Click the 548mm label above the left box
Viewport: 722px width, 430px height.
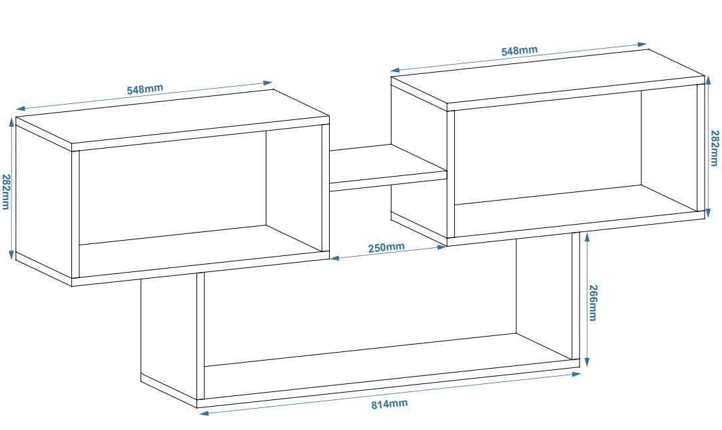coord(145,89)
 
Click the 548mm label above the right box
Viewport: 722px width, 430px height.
coord(519,51)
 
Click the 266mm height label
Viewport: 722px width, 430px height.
coord(593,303)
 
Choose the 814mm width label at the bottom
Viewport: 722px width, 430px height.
coord(390,404)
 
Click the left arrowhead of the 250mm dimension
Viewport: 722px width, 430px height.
coord(335,257)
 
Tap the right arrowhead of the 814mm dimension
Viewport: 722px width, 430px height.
coord(575,374)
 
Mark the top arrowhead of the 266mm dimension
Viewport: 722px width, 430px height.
coord(587,237)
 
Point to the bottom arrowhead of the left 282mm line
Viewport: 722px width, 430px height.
coord(12,255)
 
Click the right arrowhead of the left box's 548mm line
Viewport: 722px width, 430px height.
coord(268,83)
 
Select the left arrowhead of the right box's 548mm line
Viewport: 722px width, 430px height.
coord(396,71)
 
